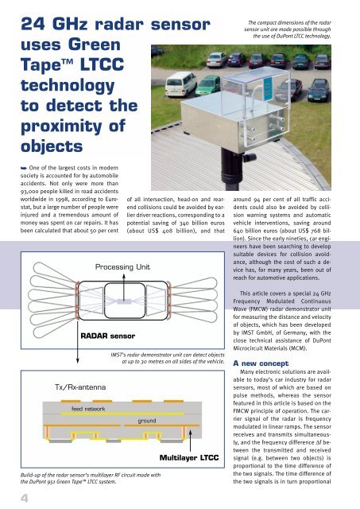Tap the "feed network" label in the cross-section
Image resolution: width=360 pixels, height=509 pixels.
[88, 408]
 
